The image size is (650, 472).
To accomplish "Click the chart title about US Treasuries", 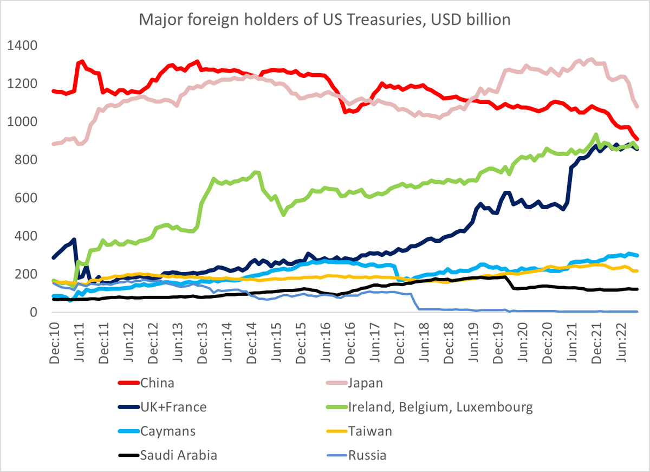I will point(325,20).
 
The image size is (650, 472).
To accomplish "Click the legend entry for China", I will point(157,383).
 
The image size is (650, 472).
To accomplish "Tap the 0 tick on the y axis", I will point(33,312).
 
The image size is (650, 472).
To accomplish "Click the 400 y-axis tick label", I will point(27,236).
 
